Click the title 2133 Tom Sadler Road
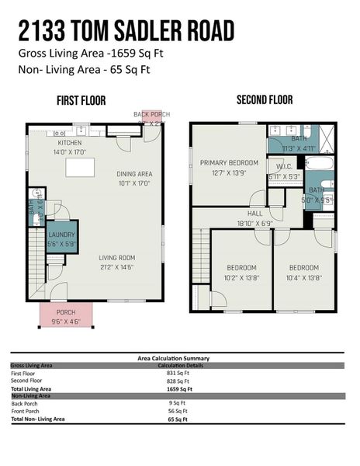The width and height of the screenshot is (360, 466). pyautogui.click(x=126, y=30)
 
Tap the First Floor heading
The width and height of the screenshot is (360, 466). pyautogui.click(x=81, y=100)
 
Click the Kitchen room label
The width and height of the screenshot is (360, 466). pyautogui.click(x=69, y=144)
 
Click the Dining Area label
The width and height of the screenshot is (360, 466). pyautogui.click(x=133, y=174)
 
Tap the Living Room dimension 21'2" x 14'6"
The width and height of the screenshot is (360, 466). pyautogui.click(x=117, y=266)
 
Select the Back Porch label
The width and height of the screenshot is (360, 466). pyautogui.click(x=151, y=115)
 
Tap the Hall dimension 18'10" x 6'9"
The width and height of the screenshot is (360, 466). pyautogui.click(x=254, y=221)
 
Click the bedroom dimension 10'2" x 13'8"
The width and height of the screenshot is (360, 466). pyautogui.click(x=241, y=276)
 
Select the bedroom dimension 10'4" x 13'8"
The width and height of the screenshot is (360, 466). pyautogui.click(x=305, y=276)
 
